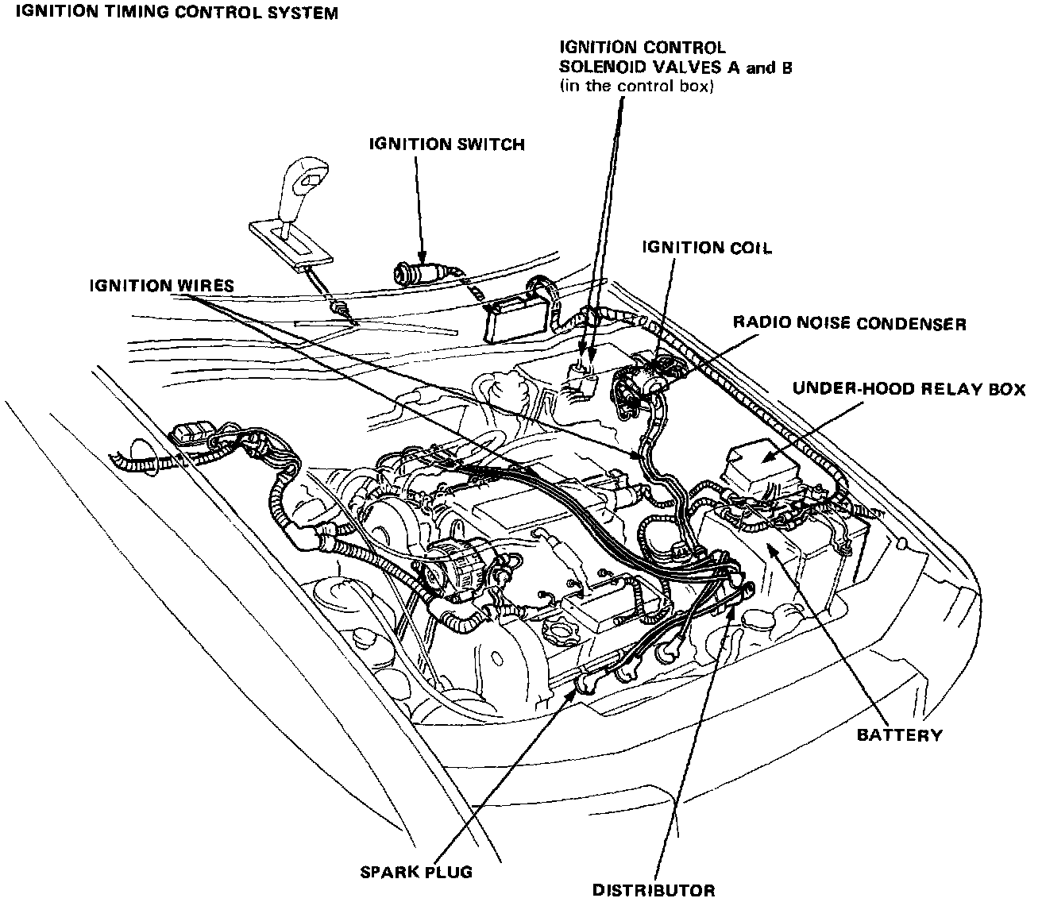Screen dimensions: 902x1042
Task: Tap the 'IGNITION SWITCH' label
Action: pos(446,145)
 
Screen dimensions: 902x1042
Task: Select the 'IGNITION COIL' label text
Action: pos(706,249)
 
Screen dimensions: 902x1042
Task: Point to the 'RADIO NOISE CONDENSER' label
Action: pos(849,323)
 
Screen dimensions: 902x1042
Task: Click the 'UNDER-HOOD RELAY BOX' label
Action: pos(909,390)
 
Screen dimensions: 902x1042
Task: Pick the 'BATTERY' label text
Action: pos(899,735)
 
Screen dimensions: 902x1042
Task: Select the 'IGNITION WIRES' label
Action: pos(161,285)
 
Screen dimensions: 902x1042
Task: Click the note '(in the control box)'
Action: pos(637,87)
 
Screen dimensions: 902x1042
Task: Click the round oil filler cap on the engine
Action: pos(557,634)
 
